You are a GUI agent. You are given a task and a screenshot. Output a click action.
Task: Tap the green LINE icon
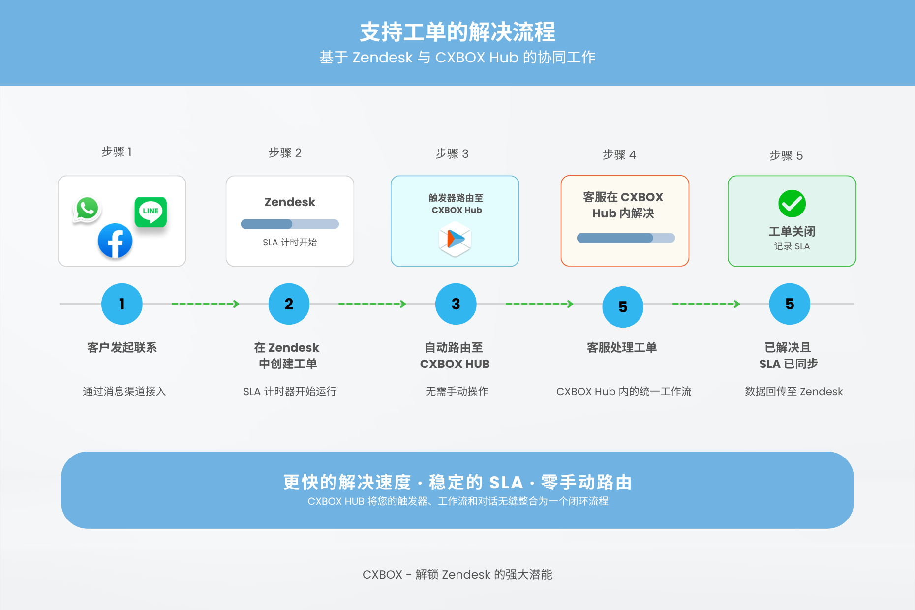[x=151, y=212]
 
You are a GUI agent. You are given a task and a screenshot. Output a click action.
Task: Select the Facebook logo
[x=115, y=241]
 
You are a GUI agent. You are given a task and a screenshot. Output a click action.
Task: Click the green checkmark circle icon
[x=792, y=204]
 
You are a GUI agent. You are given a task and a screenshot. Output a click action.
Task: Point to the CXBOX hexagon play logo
[x=455, y=239]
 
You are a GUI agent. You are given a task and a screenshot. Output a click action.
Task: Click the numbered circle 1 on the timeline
[x=122, y=304]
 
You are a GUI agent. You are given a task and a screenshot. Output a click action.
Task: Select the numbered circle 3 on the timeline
[x=456, y=304]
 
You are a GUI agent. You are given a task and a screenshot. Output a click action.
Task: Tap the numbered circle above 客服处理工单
[x=623, y=307]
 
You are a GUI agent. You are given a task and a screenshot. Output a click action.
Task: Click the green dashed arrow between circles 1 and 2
[x=205, y=304]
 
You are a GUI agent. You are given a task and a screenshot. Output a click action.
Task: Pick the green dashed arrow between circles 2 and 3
[x=372, y=304]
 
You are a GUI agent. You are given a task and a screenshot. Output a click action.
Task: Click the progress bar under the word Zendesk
[x=290, y=224]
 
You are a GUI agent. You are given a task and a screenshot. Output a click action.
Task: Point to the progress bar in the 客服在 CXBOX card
[x=626, y=238]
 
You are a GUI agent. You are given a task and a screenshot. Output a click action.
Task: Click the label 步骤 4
[x=619, y=155]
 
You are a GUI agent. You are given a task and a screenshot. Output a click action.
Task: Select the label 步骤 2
[x=285, y=153]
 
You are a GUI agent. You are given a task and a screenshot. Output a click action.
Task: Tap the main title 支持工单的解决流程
[x=457, y=32]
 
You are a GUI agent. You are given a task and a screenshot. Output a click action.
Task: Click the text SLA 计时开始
[x=290, y=243]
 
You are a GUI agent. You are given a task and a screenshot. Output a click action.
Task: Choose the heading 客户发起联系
[x=122, y=348]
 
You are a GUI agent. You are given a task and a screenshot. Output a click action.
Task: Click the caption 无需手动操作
[x=457, y=392]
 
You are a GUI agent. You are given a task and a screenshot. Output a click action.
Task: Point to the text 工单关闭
[x=792, y=231]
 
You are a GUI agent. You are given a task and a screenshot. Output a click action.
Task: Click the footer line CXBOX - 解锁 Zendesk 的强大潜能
[x=457, y=575]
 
